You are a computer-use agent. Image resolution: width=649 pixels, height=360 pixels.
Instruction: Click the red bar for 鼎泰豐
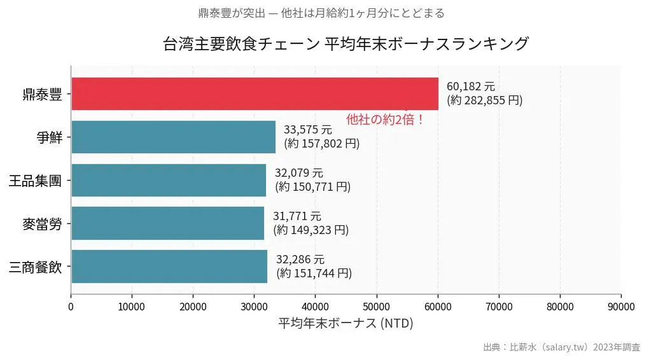point(255,93)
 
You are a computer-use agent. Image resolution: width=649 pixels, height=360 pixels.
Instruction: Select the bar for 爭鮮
point(173,137)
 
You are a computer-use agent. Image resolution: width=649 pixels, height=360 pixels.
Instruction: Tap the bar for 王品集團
point(169,180)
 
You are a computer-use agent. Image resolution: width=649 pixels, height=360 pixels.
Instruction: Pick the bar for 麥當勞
point(167,223)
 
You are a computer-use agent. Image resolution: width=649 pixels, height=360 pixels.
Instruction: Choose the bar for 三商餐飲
point(169,266)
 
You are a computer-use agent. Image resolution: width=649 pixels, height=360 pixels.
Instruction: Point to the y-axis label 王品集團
point(35,181)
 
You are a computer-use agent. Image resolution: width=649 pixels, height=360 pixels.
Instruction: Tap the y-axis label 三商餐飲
point(35,267)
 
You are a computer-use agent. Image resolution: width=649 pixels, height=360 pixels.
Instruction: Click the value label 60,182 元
point(470,87)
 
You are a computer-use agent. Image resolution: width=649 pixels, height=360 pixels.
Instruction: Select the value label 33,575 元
point(307,130)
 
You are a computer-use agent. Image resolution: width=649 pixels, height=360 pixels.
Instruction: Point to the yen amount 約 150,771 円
point(312,186)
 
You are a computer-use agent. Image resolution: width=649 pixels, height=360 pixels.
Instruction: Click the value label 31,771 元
point(297,216)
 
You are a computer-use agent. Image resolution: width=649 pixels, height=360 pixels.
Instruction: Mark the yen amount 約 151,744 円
point(314,273)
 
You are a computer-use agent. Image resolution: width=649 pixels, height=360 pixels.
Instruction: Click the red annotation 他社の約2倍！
point(385,119)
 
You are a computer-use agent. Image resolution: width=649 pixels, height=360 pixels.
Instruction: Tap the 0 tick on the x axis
point(71,307)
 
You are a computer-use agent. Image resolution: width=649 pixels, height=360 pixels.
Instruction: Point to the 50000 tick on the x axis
point(377,307)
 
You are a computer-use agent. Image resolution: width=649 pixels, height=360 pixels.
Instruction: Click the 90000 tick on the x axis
point(621,307)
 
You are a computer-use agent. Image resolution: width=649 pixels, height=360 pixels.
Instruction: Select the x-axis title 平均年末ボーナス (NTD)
point(345,323)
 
